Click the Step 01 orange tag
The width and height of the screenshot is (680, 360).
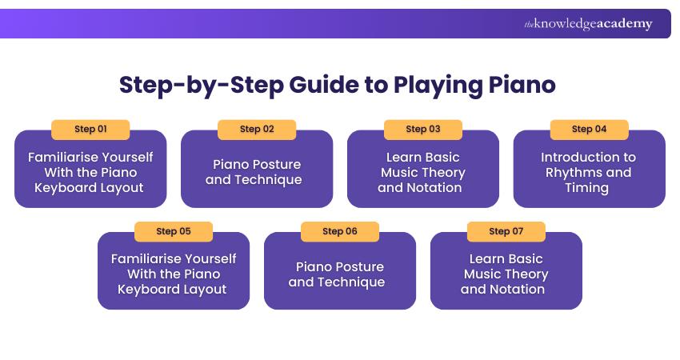pos(90,130)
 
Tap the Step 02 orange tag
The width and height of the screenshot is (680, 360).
pos(257,130)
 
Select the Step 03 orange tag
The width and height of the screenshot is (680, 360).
pos(423,130)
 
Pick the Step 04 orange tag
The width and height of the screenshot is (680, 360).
pos(589,130)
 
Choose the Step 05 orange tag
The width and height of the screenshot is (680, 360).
pos(174,232)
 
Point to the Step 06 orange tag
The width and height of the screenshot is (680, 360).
pos(339,232)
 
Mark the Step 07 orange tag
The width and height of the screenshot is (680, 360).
pos(506,232)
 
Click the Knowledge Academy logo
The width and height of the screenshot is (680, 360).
pos(588,24)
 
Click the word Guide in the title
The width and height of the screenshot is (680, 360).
pos(323,85)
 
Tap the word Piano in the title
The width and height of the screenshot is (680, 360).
pos(522,85)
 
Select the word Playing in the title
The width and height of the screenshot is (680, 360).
pos(438,86)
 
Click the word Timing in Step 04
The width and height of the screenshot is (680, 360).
pos(586,188)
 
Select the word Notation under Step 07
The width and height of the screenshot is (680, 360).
pos(517,290)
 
